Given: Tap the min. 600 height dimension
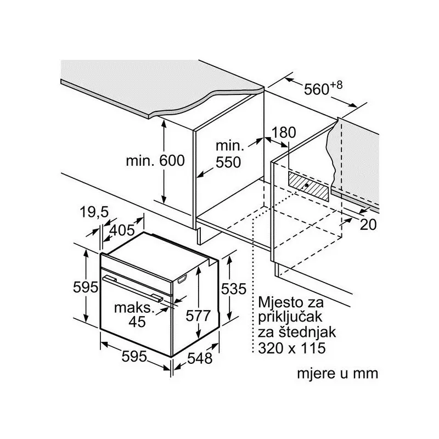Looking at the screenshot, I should click(x=155, y=162).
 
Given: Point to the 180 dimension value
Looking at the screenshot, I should click(x=283, y=132).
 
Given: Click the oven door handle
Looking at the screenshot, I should click(x=134, y=288).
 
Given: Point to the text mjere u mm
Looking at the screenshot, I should click(x=337, y=374).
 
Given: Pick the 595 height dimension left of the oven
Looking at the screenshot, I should click(x=86, y=286).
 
